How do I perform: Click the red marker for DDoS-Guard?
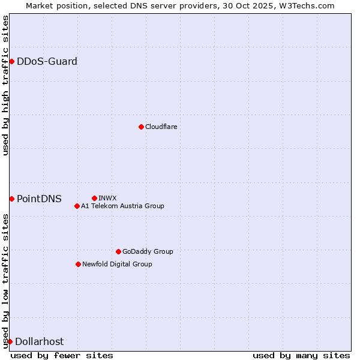pyautogui.click(x=11, y=61)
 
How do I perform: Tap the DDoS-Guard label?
pyautogui.click(x=47, y=61)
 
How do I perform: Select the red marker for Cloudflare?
pyautogui.click(x=141, y=127)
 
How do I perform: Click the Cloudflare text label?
pyautogui.click(x=161, y=127)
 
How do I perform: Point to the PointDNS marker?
pyautogui.click(x=11, y=199)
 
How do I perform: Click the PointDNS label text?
pyautogui.click(x=39, y=199)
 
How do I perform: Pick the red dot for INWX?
pyautogui.click(x=94, y=198)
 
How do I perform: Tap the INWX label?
pyautogui.click(x=107, y=198)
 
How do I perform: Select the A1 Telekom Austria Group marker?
pyautogui.click(x=77, y=206)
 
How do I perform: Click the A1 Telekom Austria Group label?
pyautogui.click(x=122, y=206)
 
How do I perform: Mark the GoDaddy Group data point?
pyautogui.click(x=118, y=251)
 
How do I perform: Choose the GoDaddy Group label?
pyautogui.click(x=148, y=251)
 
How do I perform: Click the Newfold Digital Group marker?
pyautogui.click(x=78, y=264)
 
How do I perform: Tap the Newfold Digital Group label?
pyautogui.click(x=117, y=264)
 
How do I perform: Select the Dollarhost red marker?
pyautogui.click(x=10, y=341)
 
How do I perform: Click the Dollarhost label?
pyautogui.click(x=39, y=341)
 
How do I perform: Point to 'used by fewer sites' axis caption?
pyautogui.click(x=62, y=355)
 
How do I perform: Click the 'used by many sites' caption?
pyautogui.click(x=301, y=355)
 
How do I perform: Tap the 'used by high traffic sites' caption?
pyautogui.click(x=5, y=85)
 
